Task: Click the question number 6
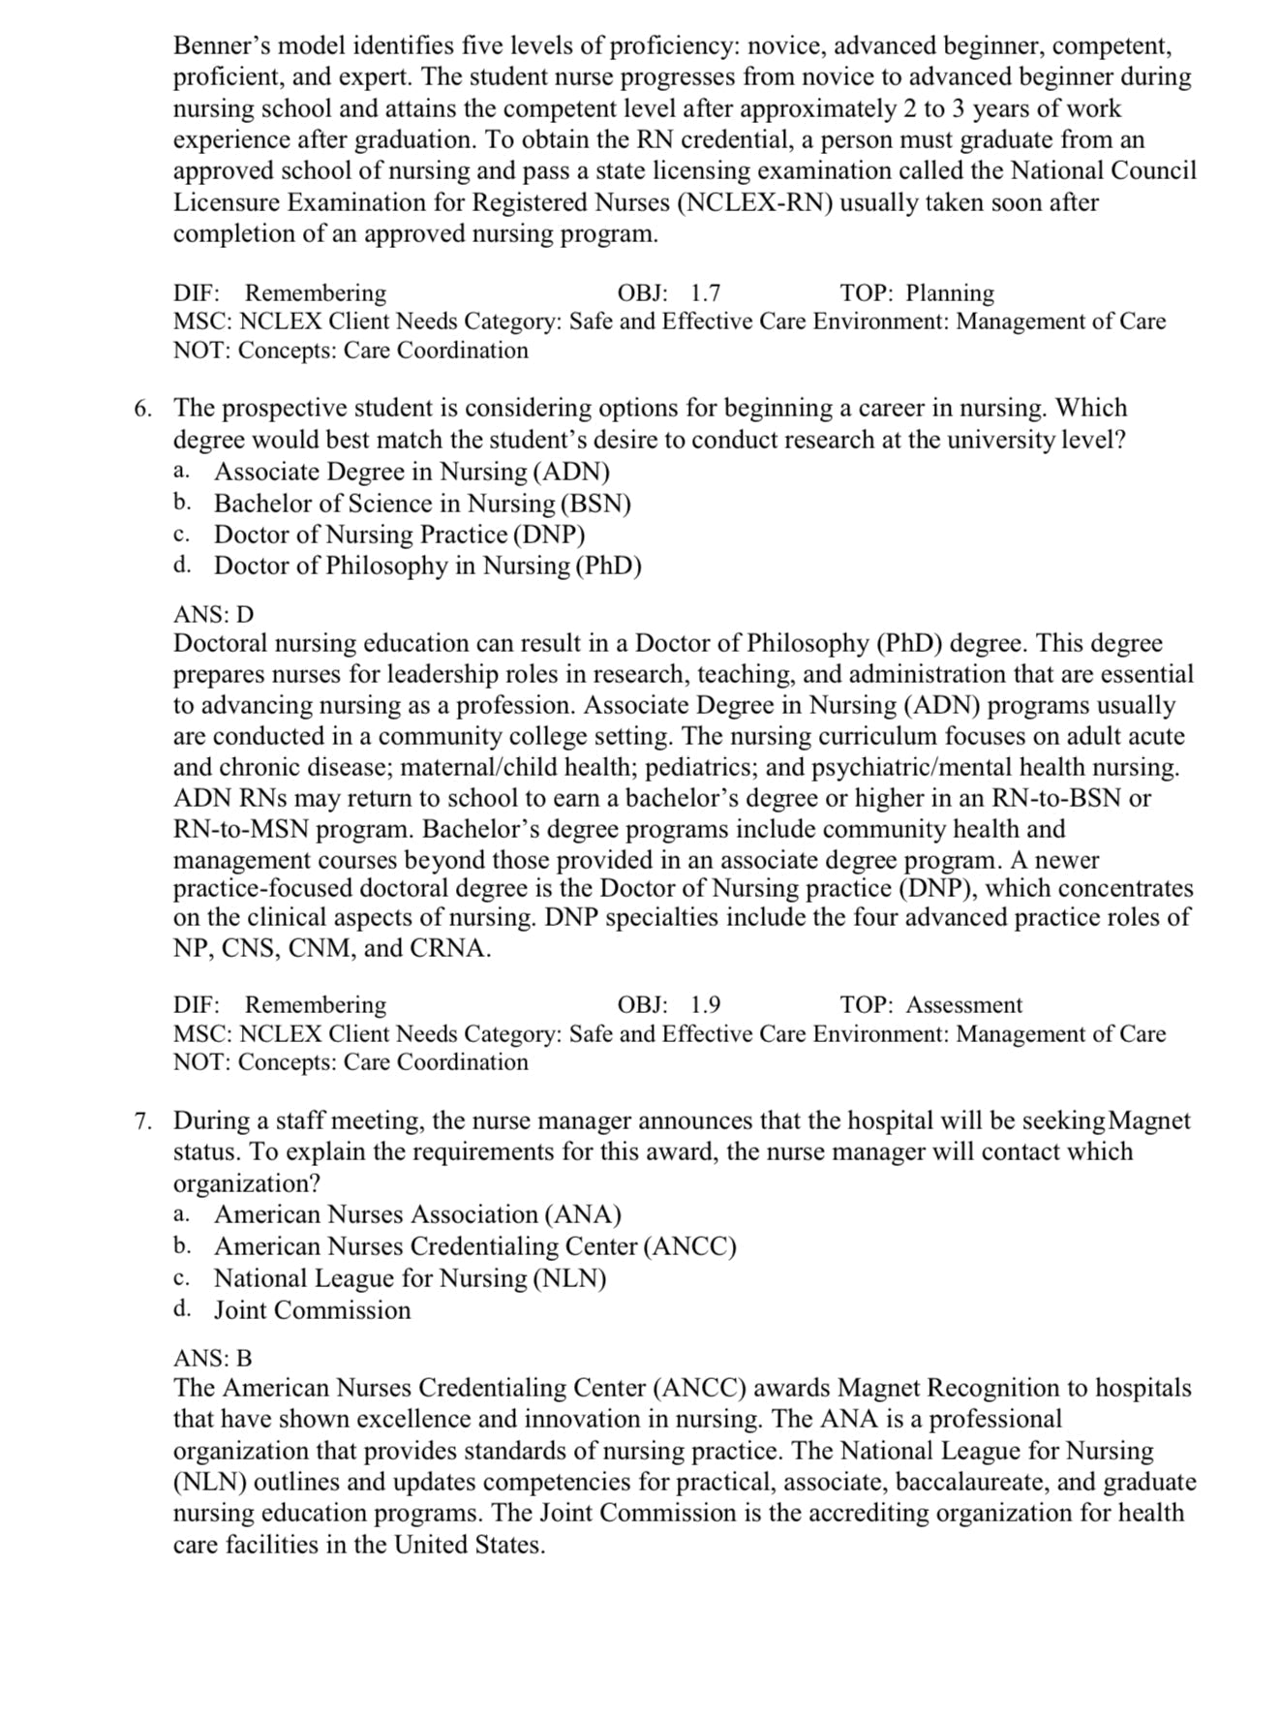point(142,409)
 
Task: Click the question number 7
point(142,1121)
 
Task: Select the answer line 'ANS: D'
point(213,614)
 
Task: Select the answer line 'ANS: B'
point(212,1358)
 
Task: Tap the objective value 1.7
point(705,293)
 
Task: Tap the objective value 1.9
point(705,1005)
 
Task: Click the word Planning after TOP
point(949,293)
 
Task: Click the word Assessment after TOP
point(963,1005)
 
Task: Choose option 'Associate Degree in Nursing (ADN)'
point(411,472)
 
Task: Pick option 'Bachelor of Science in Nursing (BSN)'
point(422,504)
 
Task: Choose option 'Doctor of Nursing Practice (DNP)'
point(399,535)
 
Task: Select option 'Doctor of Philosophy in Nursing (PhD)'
point(427,566)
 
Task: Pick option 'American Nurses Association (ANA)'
point(417,1214)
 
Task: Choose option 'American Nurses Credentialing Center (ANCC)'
point(474,1246)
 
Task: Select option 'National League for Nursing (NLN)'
point(410,1278)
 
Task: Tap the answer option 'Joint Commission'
point(312,1310)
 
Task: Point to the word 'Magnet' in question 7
point(1149,1121)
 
